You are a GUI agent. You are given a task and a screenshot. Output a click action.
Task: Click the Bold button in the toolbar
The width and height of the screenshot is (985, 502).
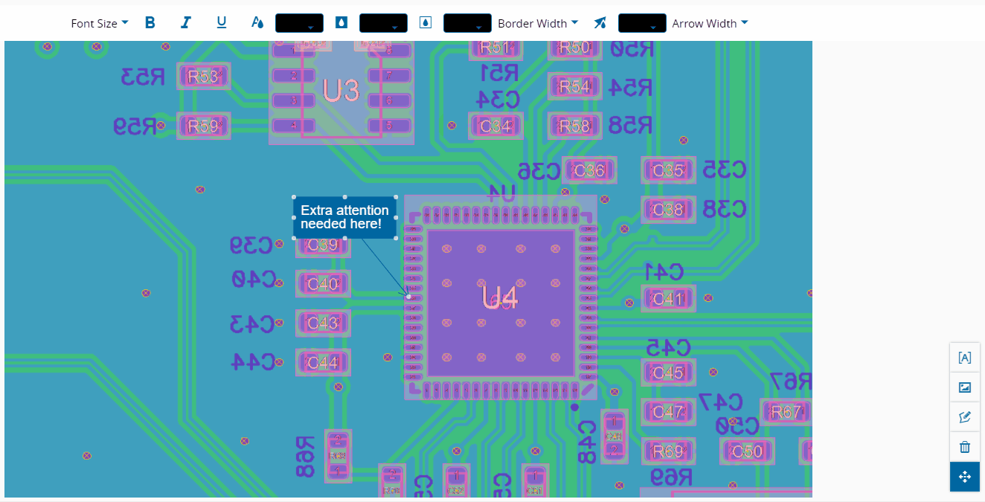(x=150, y=23)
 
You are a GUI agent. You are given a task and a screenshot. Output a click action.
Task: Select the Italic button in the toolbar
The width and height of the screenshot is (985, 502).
(x=186, y=23)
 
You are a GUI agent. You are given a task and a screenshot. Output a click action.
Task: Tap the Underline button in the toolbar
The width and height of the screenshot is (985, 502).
(x=222, y=23)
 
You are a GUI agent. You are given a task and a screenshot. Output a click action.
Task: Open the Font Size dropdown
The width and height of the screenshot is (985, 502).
(x=99, y=23)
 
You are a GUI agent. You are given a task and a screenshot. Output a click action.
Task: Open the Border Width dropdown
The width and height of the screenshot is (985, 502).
(x=537, y=23)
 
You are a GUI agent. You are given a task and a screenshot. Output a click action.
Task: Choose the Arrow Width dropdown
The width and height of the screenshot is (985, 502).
(x=710, y=23)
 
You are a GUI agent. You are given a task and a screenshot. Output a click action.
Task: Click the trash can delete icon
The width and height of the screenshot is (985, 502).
(x=965, y=447)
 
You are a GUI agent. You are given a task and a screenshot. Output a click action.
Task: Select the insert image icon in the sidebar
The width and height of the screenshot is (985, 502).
(x=965, y=387)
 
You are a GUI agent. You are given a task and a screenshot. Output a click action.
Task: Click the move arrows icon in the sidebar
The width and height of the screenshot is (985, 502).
(x=965, y=477)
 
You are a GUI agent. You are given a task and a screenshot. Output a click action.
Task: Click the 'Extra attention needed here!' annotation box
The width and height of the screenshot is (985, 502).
(x=344, y=217)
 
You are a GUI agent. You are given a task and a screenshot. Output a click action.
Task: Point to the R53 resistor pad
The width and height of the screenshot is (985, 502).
(x=203, y=77)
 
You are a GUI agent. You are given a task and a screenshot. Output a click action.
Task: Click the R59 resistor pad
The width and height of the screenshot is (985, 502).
(x=203, y=126)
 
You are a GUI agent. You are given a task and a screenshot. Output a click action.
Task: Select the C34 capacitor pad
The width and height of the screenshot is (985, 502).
(x=495, y=126)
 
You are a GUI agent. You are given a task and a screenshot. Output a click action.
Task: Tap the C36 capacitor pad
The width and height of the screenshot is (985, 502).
(x=590, y=171)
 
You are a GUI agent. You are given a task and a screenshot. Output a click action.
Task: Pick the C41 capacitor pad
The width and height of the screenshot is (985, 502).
(x=668, y=299)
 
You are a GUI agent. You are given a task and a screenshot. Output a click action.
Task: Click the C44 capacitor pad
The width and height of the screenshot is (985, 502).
(x=323, y=363)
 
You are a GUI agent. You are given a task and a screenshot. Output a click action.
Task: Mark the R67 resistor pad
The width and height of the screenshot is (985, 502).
(x=786, y=412)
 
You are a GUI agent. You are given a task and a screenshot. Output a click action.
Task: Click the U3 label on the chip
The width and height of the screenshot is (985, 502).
(x=341, y=91)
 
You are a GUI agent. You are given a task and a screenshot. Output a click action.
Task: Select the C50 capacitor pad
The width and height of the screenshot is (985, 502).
(x=747, y=451)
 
